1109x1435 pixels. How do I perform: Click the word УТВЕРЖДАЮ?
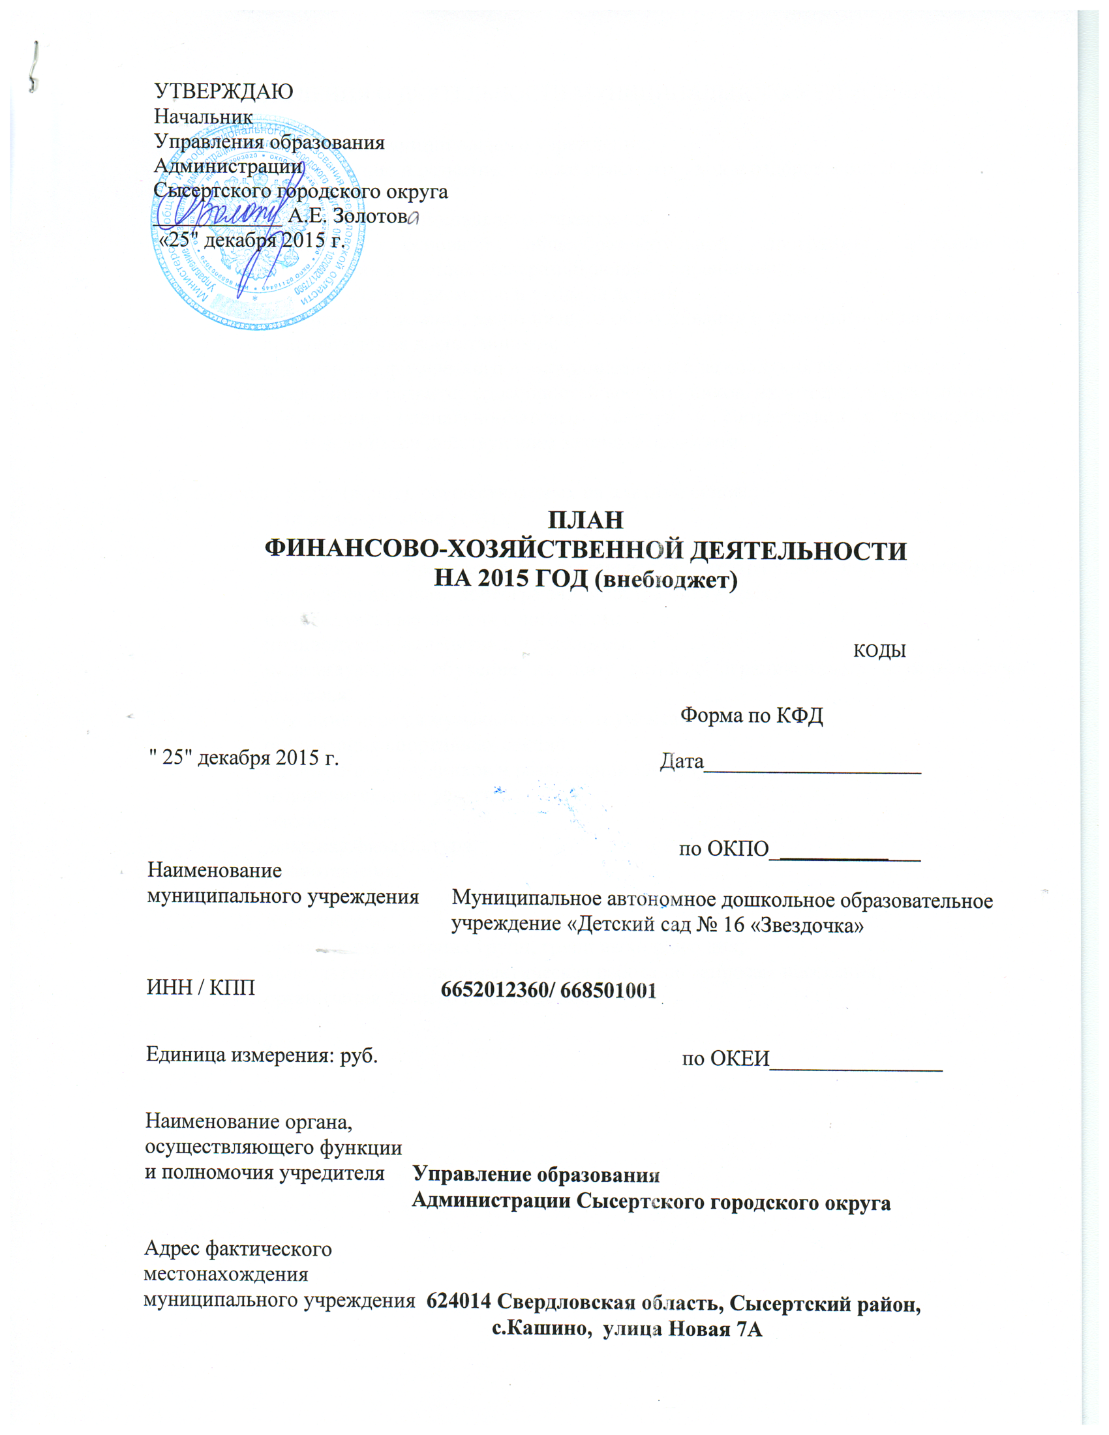coord(223,91)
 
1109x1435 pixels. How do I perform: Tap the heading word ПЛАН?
coord(585,520)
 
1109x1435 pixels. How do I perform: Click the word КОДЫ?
coord(879,651)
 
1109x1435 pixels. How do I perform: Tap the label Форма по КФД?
coord(751,715)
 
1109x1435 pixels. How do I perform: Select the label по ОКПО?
coord(723,849)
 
